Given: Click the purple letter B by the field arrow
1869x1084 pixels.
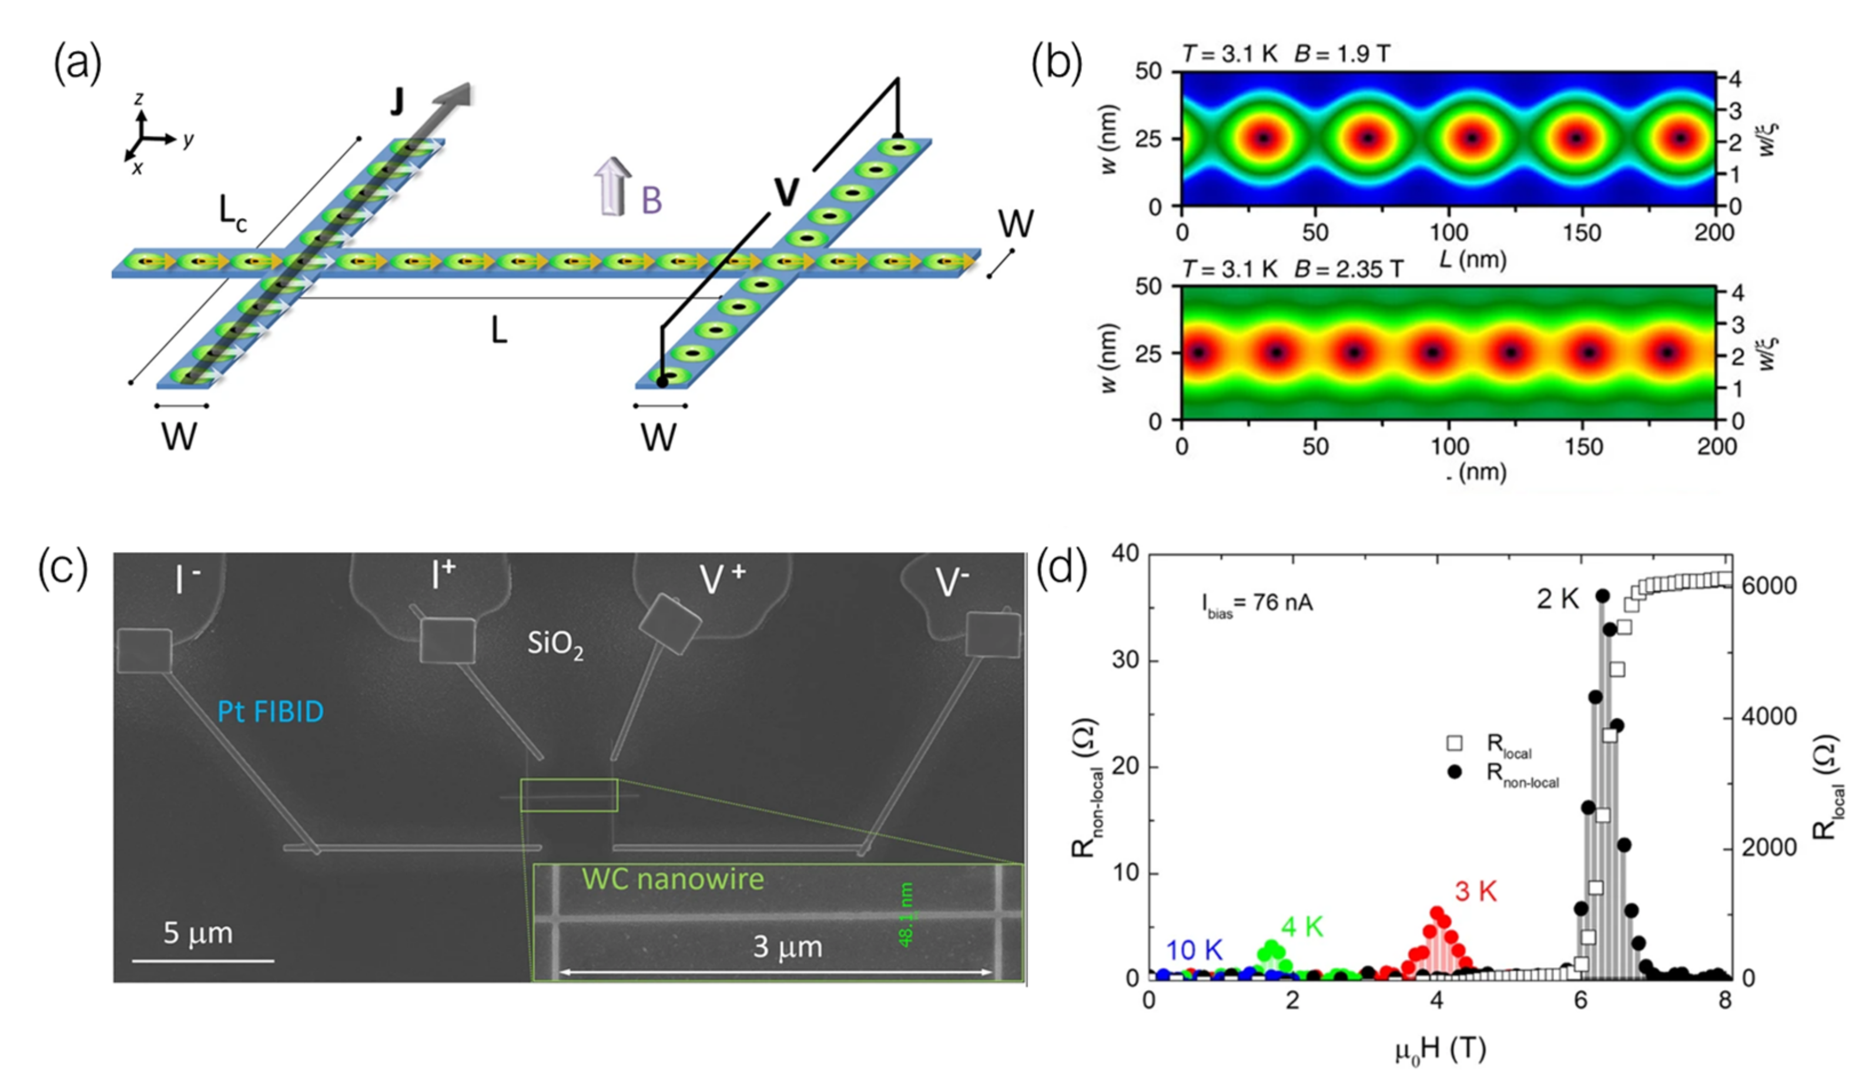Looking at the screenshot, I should [x=651, y=200].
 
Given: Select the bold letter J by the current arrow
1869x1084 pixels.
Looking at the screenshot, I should [x=397, y=102].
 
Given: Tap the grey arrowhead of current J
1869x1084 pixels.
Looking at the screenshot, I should [x=454, y=95].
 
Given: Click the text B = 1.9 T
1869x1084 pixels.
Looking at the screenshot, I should [x=1342, y=54].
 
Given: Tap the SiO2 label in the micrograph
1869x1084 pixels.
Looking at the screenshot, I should [x=555, y=644].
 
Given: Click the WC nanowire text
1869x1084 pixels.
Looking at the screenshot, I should [x=673, y=879].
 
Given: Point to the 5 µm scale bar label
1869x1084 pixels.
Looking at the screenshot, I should [x=198, y=934].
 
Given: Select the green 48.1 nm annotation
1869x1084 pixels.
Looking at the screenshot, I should [x=906, y=914].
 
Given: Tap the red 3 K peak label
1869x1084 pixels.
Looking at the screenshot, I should [x=1475, y=891].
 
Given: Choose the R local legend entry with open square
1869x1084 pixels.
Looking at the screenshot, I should [x=1490, y=744].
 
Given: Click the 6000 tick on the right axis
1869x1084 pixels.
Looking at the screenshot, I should [x=1770, y=586].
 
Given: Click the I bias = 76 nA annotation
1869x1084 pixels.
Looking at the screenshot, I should [x=1257, y=603].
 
